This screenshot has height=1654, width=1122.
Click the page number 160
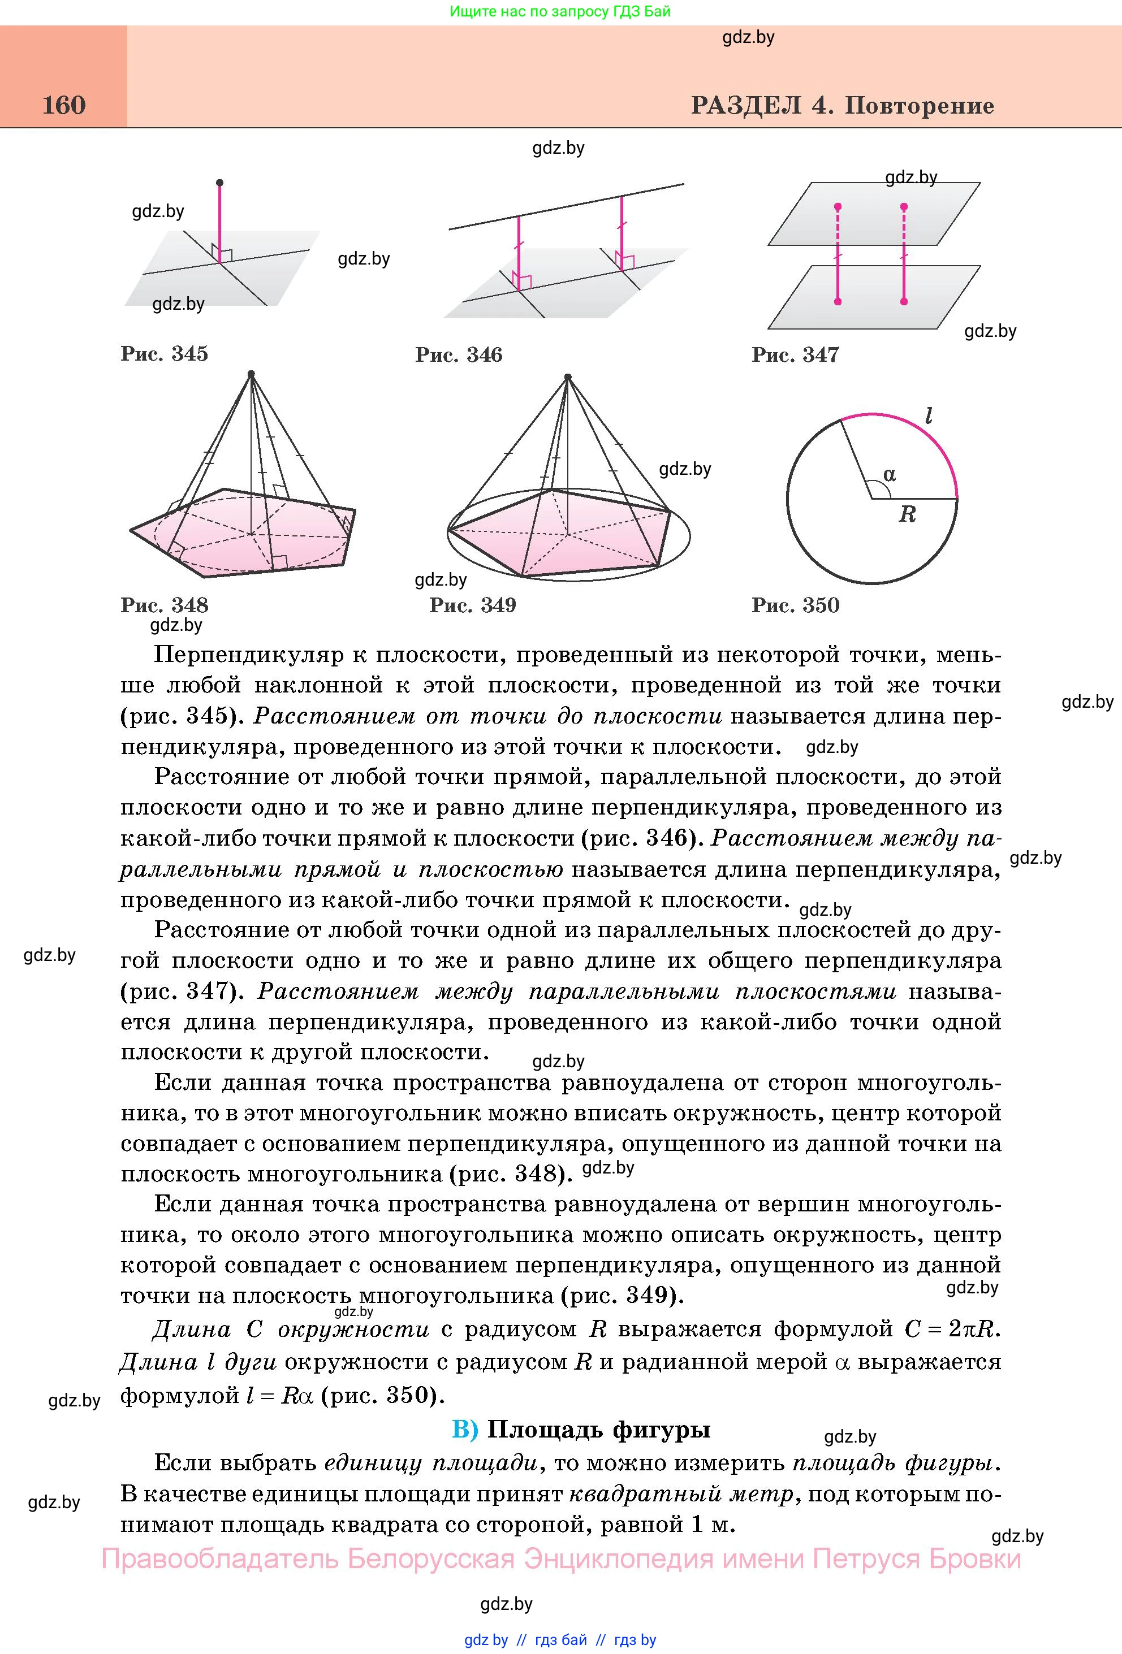pos(64,105)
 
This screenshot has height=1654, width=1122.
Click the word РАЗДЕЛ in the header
pos(745,105)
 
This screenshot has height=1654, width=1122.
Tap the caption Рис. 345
pos(165,354)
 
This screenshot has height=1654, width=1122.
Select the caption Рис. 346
pos(459,354)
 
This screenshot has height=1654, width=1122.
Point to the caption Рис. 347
pos(795,354)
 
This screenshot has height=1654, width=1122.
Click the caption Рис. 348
pos(165,605)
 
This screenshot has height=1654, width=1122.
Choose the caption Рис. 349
pos(473,605)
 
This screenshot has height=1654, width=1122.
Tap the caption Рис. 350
pos(795,605)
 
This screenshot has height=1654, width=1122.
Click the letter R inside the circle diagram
pos(907,514)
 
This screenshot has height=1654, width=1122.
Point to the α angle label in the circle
pos(889,474)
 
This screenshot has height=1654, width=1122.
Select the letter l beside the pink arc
pos(929,415)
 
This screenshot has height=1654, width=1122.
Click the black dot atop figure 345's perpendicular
pos(219,183)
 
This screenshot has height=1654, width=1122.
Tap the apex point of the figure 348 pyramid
pos(251,374)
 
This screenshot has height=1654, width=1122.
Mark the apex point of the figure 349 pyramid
pos(567,377)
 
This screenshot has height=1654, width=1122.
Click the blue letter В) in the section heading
pos(465,1429)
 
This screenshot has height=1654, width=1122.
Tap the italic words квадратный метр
pos(681,1494)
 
